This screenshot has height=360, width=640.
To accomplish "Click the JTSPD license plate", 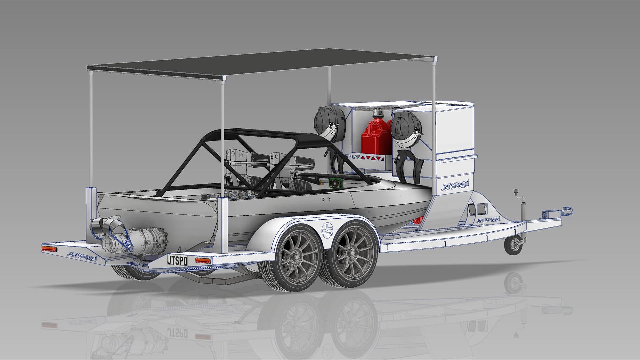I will click(x=177, y=260).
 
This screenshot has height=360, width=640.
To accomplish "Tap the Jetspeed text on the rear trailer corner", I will click(x=82, y=256).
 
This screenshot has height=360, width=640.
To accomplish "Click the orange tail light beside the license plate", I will click(x=203, y=260).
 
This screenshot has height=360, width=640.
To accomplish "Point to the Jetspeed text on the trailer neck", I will click(x=488, y=220).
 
